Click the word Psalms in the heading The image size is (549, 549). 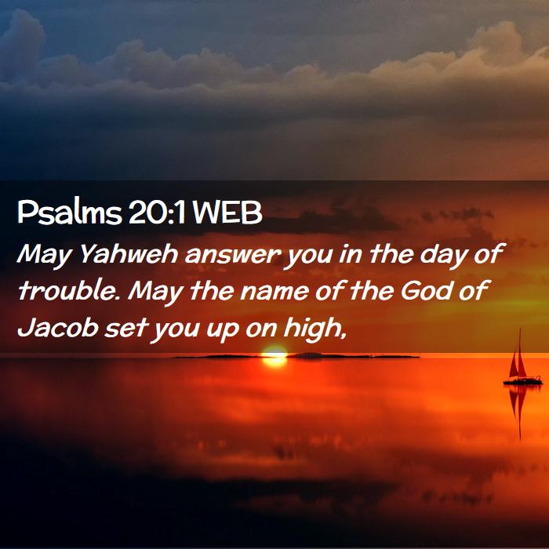click(x=69, y=213)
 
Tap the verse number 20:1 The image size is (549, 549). click(x=157, y=213)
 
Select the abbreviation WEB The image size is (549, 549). click(x=226, y=213)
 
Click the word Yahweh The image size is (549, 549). click(x=129, y=254)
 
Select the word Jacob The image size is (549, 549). click(x=58, y=328)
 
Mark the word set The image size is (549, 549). click(x=124, y=329)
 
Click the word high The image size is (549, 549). click(x=311, y=329)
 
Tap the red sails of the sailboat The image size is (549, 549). click(x=518, y=361)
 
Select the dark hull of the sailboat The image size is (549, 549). click(x=523, y=381)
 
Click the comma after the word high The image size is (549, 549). click(x=344, y=336)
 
